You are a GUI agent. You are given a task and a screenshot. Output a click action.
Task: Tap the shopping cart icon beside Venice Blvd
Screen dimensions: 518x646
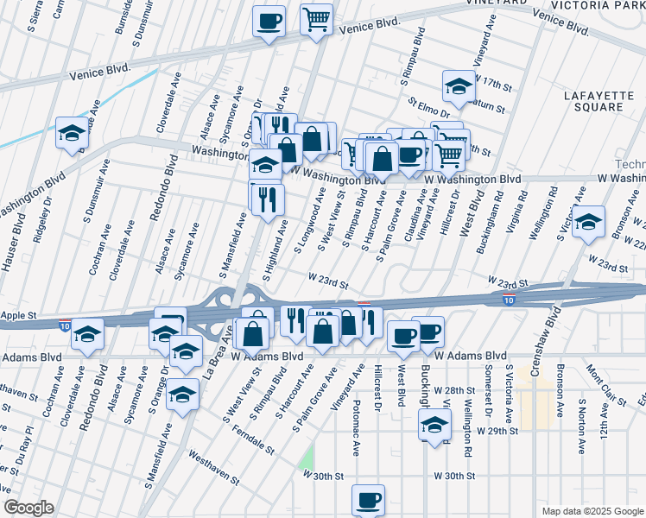[317, 18]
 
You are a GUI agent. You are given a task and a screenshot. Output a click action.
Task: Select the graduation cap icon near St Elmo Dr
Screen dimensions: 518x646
[459, 85]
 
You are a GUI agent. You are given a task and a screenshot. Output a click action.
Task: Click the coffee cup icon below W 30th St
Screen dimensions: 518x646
[369, 500]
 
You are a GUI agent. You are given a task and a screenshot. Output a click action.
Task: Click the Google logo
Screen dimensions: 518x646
[28, 508]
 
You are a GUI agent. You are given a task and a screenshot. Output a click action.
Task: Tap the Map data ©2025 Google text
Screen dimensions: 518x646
[593, 511]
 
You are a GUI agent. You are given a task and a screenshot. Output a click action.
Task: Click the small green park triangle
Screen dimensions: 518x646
[307, 458]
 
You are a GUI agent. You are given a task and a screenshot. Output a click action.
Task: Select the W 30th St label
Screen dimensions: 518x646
[454, 476]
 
